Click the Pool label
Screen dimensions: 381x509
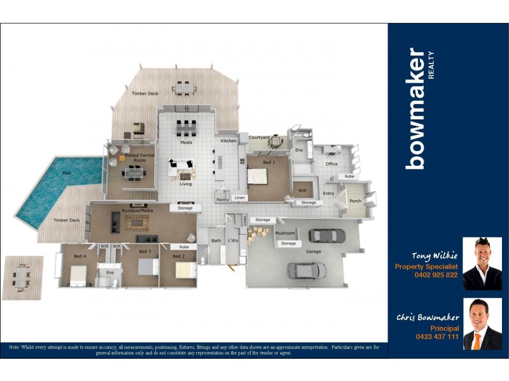(x=67, y=173)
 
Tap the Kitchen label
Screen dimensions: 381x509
(x=228, y=140)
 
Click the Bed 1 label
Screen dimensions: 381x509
(x=269, y=163)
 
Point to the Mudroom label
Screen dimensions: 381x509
(x=284, y=233)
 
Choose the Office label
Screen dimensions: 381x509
(x=331, y=164)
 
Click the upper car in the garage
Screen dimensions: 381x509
(x=326, y=236)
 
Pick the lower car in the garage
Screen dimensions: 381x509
(x=307, y=270)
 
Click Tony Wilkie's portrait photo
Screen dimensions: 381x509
(x=482, y=264)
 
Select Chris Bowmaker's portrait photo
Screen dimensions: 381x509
(x=482, y=324)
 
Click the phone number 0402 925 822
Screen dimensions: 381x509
(x=435, y=275)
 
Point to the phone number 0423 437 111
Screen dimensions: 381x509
(x=436, y=337)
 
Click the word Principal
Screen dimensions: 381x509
(x=444, y=328)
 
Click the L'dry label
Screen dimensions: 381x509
(x=232, y=241)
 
